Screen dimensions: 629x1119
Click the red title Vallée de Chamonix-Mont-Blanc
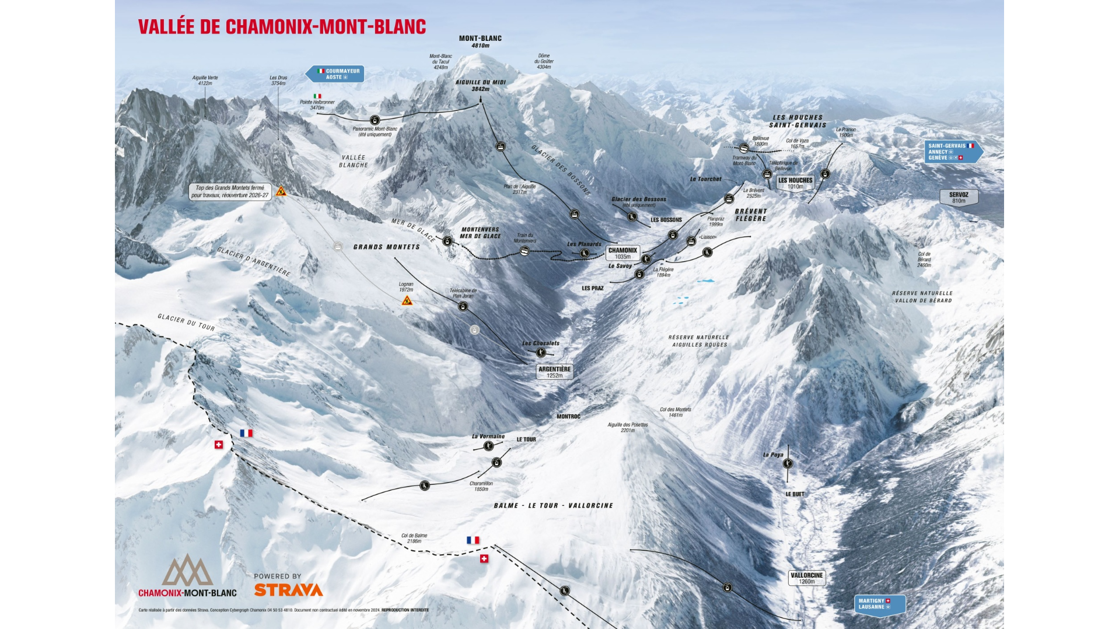pyautogui.click(x=282, y=27)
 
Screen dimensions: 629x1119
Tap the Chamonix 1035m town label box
pyautogui.click(x=623, y=253)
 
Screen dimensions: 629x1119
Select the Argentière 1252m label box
pyautogui.click(x=554, y=372)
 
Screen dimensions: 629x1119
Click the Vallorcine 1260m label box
pyautogui.click(x=806, y=578)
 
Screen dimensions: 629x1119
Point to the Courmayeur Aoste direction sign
pyautogui.click(x=336, y=74)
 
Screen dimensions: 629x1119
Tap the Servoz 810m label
pyautogui.click(x=958, y=198)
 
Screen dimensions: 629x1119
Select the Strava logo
pyautogui.click(x=288, y=590)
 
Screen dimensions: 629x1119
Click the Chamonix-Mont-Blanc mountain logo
pyautogui.click(x=187, y=571)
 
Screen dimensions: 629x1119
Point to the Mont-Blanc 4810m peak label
pyautogui.click(x=480, y=41)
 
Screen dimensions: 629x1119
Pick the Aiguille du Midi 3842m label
pyautogui.click(x=480, y=85)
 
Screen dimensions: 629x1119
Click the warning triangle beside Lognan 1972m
pyautogui.click(x=407, y=301)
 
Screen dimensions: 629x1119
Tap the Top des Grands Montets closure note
pyautogui.click(x=230, y=191)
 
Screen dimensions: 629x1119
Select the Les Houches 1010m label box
pyautogui.click(x=795, y=183)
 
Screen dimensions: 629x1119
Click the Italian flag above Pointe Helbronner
pyautogui.click(x=317, y=96)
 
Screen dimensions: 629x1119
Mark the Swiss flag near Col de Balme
pyautogui.click(x=484, y=558)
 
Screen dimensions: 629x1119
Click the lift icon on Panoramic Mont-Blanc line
pyautogui.click(x=375, y=120)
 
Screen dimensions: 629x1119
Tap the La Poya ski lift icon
pyautogui.click(x=788, y=463)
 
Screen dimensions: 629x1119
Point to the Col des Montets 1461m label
pyautogui.click(x=675, y=412)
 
